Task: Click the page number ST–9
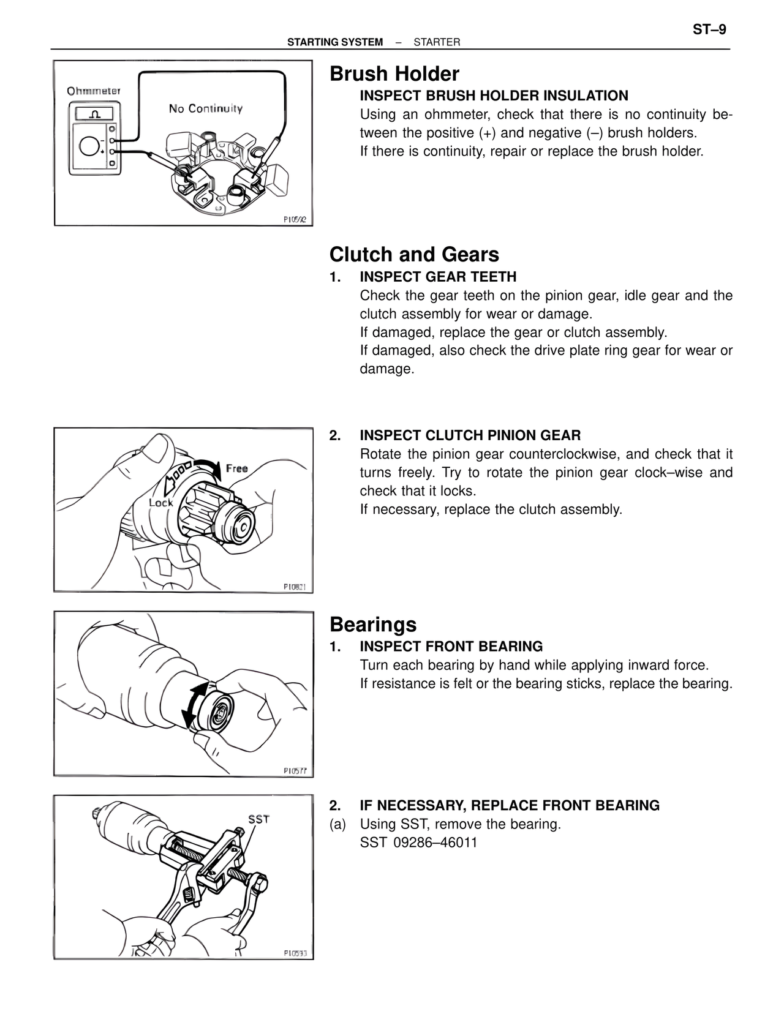point(709,29)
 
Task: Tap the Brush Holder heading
point(394,74)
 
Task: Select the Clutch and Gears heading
point(414,255)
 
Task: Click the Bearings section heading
point(372,625)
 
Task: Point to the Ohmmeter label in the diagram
point(94,91)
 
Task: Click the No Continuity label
point(206,109)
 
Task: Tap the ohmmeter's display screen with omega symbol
point(94,114)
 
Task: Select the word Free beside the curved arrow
point(236,468)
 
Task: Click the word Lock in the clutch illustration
point(161,503)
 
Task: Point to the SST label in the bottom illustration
point(258,819)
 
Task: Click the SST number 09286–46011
point(435,843)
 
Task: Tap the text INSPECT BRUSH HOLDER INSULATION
point(494,96)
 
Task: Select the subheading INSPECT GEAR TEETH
point(438,277)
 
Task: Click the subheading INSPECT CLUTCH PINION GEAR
point(470,435)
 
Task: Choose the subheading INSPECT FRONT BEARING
point(451,647)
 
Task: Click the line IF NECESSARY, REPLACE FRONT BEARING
point(509,806)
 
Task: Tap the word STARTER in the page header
point(437,42)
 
